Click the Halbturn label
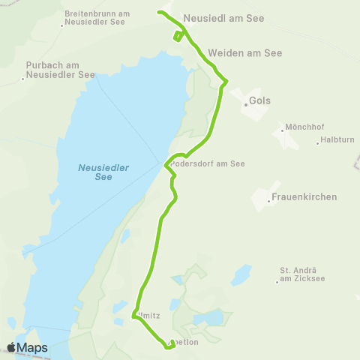[336, 140]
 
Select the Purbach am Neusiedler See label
[60, 70]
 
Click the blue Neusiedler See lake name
[103, 172]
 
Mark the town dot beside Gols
[246, 105]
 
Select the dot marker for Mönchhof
[282, 130]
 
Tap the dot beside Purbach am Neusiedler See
[23, 78]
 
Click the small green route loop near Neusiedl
[177, 35]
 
